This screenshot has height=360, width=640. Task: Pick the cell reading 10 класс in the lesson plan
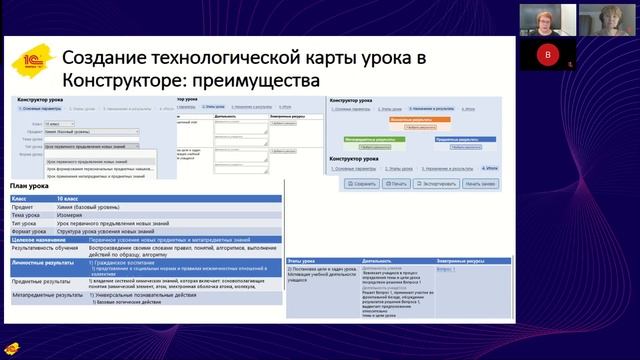point(71,200)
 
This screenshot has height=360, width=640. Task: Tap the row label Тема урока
point(28,215)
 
